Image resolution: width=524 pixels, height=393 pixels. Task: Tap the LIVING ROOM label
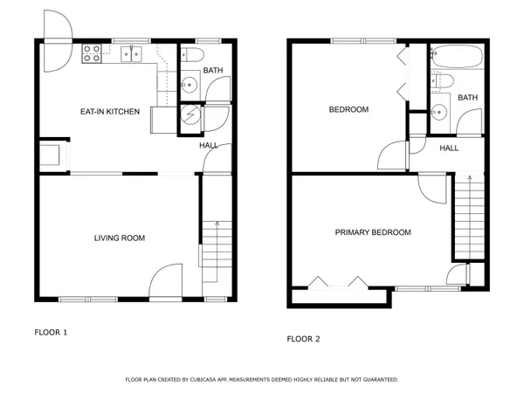point(120,238)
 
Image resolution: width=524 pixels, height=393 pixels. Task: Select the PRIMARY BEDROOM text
point(373,232)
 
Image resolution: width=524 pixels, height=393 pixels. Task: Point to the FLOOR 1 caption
point(51,332)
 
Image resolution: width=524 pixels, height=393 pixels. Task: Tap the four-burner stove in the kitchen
point(92,56)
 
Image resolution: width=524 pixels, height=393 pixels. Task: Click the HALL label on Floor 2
point(449,148)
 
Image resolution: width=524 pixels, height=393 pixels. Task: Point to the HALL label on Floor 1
point(209,146)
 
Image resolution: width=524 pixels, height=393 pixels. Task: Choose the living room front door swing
point(166,284)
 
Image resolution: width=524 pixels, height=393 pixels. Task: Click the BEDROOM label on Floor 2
point(348,110)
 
